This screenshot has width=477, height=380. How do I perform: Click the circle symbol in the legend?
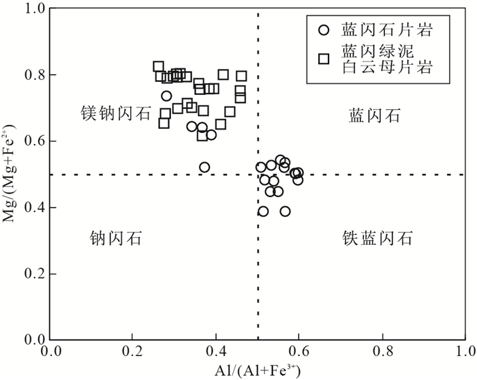click(324, 29)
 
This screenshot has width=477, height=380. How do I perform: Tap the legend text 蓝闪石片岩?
click(388, 29)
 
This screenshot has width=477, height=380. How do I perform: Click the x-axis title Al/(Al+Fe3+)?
click(257, 371)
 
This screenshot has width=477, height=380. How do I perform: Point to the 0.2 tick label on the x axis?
click(133, 353)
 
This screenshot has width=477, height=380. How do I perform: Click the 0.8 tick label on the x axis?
click(382, 353)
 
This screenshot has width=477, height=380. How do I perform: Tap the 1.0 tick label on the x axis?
click(465, 353)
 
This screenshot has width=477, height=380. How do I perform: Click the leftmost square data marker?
click(158, 66)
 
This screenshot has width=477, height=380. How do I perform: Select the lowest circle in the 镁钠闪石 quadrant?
click(204, 167)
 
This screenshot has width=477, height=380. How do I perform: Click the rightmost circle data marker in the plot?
click(298, 173)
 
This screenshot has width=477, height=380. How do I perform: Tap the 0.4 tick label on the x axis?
click(216, 353)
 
